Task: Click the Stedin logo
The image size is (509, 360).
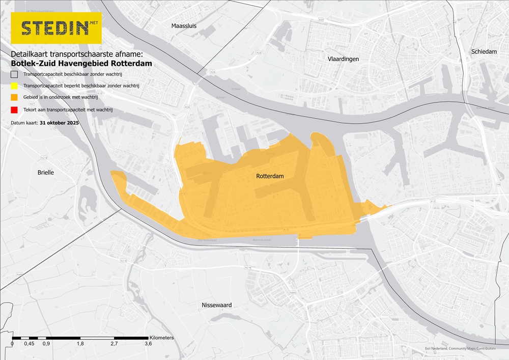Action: point(56,28)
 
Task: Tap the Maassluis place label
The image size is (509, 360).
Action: point(184,25)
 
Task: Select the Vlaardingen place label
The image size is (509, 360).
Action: point(343,59)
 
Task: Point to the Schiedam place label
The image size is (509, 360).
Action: point(484,52)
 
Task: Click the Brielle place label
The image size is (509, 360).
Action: point(46,173)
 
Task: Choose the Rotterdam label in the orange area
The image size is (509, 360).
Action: point(270,176)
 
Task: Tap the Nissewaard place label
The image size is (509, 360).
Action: point(217,305)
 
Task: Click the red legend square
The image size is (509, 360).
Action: point(14,109)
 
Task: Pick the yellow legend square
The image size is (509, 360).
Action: point(14,86)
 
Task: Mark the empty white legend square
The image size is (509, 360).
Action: point(14,74)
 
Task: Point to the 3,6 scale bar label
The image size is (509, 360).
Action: point(148,344)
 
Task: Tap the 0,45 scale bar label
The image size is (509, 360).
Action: point(29,344)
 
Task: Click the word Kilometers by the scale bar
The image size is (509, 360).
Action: point(161,338)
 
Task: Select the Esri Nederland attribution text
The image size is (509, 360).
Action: point(460,349)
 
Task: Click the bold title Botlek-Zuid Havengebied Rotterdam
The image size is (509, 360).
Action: point(81,64)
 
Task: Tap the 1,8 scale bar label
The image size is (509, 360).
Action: point(80,344)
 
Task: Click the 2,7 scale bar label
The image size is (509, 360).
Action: point(114,344)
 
